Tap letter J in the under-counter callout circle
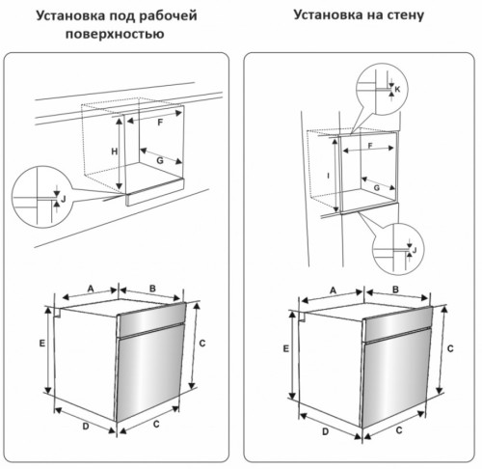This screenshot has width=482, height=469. tap(63, 198)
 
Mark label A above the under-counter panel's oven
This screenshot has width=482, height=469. tap(90, 288)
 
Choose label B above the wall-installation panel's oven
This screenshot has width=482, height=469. tap(396, 290)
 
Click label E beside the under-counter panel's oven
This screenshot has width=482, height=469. tap(42, 344)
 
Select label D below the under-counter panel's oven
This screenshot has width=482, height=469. tap(86, 426)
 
